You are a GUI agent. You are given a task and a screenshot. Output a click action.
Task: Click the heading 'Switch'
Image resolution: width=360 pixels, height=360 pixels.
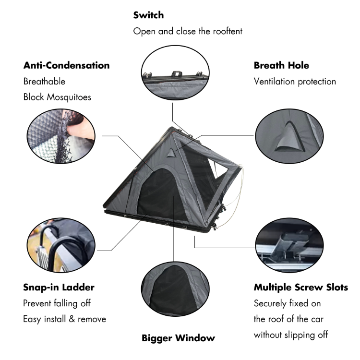pyautogui.click(x=148, y=15)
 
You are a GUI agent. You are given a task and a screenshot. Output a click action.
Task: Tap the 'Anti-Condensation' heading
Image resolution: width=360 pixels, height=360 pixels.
pyautogui.click(x=66, y=65)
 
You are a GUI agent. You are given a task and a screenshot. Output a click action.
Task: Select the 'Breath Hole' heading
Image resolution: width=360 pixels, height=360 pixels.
pyautogui.click(x=281, y=65)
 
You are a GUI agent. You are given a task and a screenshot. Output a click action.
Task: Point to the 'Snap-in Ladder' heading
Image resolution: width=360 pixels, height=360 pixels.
pyautogui.click(x=59, y=288)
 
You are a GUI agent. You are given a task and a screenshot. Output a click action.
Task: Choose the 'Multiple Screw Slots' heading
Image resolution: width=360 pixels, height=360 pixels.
pyautogui.click(x=301, y=288)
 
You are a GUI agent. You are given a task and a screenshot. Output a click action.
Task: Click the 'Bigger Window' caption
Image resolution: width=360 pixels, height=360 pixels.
pyautogui.click(x=178, y=338)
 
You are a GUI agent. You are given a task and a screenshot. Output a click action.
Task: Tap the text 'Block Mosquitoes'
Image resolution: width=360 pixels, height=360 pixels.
pyautogui.click(x=57, y=97)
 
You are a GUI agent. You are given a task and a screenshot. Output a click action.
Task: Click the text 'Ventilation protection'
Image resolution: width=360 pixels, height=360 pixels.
pyautogui.click(x=295, y=82)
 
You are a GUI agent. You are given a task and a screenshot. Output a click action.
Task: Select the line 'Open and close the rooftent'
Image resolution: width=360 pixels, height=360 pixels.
pyautogui.click(x=188, y=31)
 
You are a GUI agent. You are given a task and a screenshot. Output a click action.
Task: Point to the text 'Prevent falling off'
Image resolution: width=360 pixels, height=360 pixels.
pyautogui.click(x=57, y=303)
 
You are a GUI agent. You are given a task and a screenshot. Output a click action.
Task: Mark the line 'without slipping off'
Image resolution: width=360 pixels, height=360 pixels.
pyautogui.click(x=291, y=335)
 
